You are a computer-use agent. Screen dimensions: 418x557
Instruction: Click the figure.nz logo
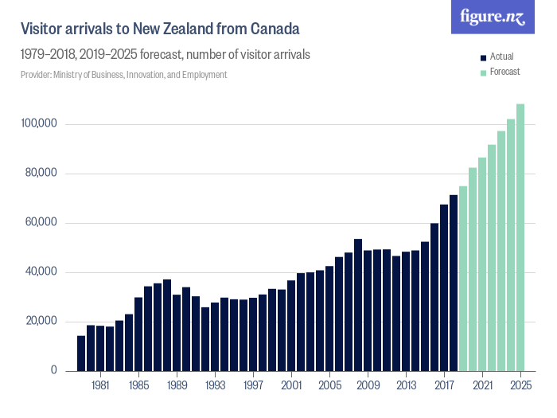pos(492,17)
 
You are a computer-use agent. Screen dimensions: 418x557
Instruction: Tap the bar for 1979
pos(81,354)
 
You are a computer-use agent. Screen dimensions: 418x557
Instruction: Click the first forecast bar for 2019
pos(463,279)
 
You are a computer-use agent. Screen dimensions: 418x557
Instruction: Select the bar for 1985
pos(138,334)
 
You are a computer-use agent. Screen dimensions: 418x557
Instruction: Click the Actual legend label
pos(501,57)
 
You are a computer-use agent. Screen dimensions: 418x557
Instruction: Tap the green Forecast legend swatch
pos(482,72)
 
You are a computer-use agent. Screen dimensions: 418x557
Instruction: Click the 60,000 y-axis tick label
pos(39,223)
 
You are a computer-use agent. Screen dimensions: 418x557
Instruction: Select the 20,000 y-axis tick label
pos(39,322)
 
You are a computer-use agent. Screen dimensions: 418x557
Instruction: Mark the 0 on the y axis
pos(54,371)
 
